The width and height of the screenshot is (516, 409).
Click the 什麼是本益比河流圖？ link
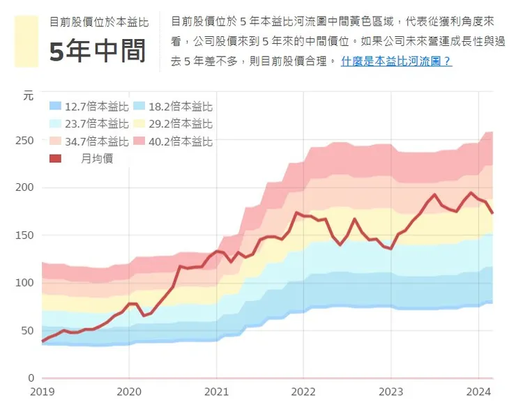[x=396, y=61]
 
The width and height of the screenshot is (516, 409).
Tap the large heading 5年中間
[x=98, y=52]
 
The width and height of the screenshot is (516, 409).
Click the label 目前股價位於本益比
[x=98, y=22]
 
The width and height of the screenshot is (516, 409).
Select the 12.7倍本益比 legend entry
[x=89, y=107]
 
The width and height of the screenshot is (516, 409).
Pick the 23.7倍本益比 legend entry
[x=89, y=124]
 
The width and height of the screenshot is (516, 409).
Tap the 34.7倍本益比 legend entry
[x=89, y=141]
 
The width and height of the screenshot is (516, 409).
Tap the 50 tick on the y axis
[x=27, y=330]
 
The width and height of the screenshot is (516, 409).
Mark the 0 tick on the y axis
[x=30, y=378]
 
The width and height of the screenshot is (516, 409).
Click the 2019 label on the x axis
[x=43, y=392]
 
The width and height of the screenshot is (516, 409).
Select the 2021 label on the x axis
[x=216, y=392]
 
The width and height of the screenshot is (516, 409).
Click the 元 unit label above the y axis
[x=28, y=97]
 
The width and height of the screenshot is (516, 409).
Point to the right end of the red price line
[x=492, y=213]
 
